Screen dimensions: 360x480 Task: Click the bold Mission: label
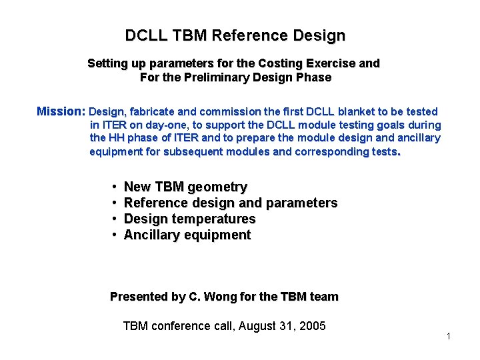point(61,111)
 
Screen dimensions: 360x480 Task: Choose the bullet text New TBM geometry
point(185,187)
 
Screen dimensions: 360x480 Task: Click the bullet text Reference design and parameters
point(231,203)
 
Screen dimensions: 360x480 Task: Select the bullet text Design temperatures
point(189,219)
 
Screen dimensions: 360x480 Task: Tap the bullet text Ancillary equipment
point(187,235)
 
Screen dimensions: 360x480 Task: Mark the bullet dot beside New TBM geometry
point(115,187)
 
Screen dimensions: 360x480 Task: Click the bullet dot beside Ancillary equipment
point(115,235)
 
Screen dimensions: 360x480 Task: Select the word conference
point(179,326)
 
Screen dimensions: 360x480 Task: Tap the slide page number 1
point(449,336)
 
